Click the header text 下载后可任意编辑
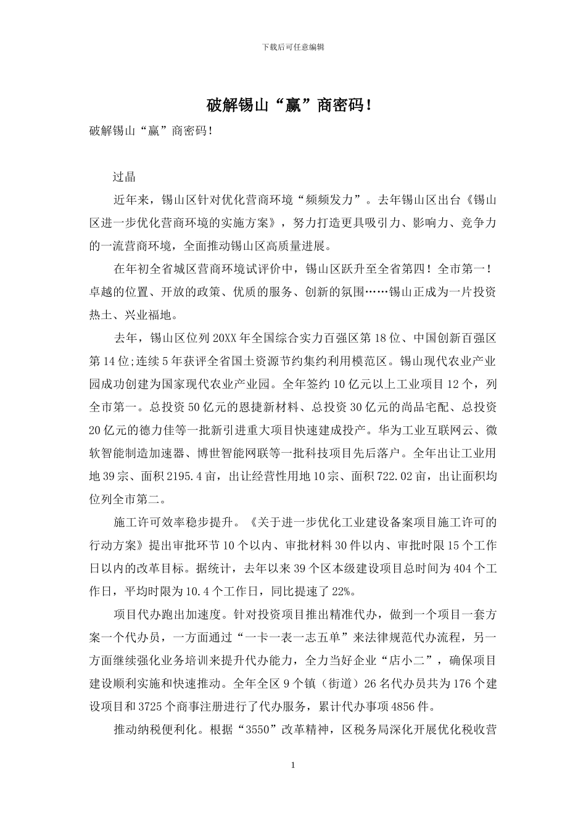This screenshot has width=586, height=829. pos(293,47)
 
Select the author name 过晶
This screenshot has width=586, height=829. pos(124,176)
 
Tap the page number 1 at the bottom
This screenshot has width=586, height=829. pos(293,765)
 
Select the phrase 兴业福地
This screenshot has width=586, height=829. pos(147,315)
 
